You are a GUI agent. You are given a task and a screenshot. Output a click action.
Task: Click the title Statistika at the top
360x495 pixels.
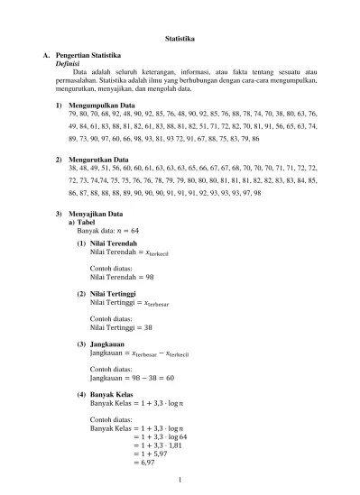tap(180, 39)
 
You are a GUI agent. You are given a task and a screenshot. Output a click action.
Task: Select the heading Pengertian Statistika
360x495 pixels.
tap(88, 57)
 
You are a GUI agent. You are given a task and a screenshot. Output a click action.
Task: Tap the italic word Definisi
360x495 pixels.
tap(69, 65)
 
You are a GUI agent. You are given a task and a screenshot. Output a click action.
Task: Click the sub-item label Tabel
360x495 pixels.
tap(86, 221)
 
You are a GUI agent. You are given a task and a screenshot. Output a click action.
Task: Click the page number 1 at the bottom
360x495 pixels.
tap(180, 481)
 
